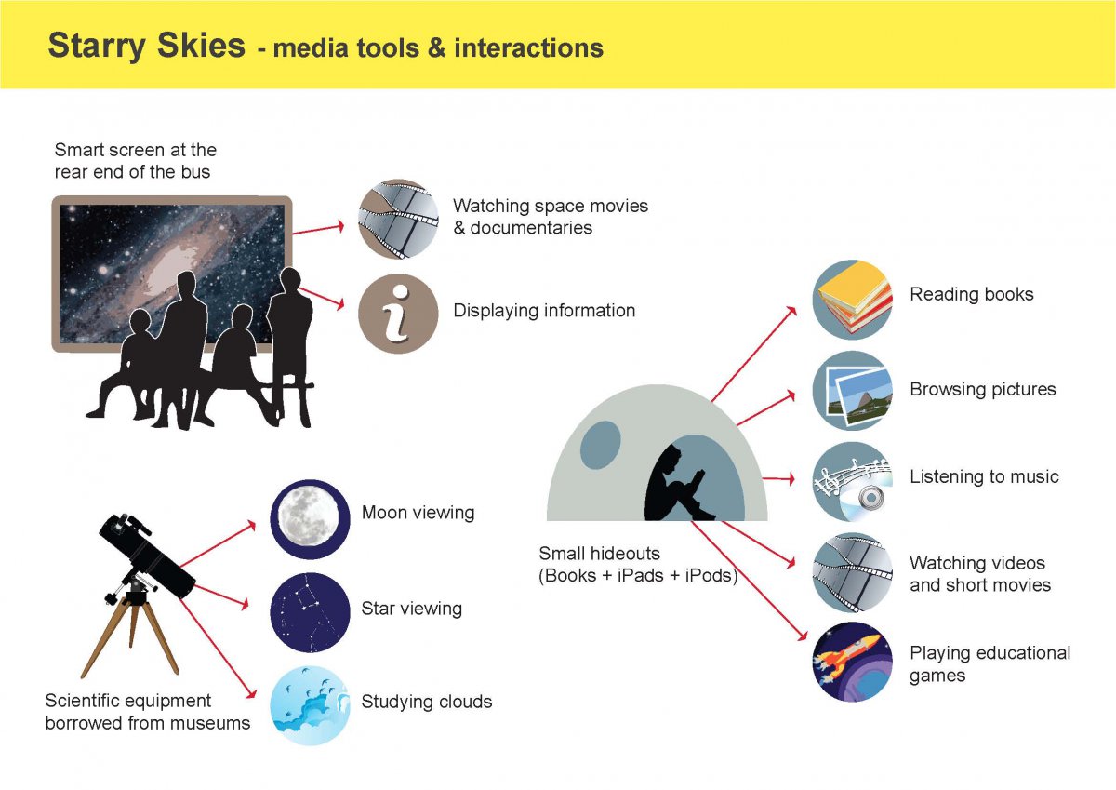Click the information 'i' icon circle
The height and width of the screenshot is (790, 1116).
pyautogui.click(x=398, y=314)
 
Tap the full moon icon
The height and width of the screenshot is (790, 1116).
pyautogui.click(x=310, y=519)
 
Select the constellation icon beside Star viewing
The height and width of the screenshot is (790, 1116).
pyautogui.click(x=310, y=612)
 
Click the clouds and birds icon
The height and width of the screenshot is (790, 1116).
pyautogui.click(x=310, y=705)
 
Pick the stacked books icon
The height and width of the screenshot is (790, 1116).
pyautogui.click(x=853, y=300)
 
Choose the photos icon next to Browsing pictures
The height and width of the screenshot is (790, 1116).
pyautogui.click(x=853, y=391)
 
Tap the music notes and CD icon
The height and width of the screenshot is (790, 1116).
pyautogui.click(x=853, y=481)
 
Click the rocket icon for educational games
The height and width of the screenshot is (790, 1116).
pyautogui.click(x=853, y=662)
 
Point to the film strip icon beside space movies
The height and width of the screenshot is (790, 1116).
pyautogui.click(x=398, y=220)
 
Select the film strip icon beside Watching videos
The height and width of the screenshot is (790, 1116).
pyautogui.click(x=853, y=572)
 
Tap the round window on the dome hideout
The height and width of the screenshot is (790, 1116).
pyautogui.click(x=601, y=445)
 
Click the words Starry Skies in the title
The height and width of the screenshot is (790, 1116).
pyautogui.click(x=147, y=46)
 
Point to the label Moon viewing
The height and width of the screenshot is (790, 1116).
pyautogui.click(x=418, y=513)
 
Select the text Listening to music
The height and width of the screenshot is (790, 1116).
pyautogui.click(x=984, y=476)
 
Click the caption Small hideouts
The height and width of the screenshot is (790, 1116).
pyautogui.click(x=599, y=554)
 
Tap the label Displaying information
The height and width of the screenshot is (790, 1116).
pyautogui.click(x=544, y=311)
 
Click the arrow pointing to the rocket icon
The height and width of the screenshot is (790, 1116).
pyautogui.click(x=749, y=581)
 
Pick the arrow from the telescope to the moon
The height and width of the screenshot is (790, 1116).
pyautogui.click(x=218, y=543)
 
